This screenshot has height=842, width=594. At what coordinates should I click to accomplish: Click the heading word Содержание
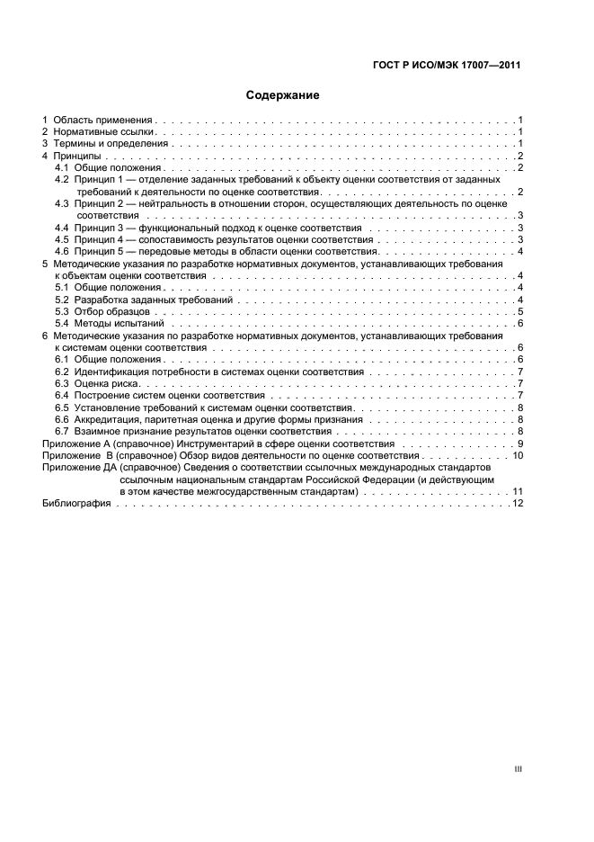[x=283, y=94]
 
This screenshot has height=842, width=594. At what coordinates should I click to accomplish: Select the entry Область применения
[x=103, y=120]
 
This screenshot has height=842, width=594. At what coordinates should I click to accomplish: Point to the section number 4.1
[x=62, y=168]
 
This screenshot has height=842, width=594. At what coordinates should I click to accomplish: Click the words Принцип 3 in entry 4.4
[x=100, y=228]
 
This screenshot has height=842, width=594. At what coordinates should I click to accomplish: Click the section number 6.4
[x=62, y=395]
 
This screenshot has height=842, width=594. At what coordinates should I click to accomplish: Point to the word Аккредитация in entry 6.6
[x=110, y=419]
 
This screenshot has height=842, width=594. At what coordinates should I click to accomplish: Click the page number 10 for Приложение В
[x=518, y=456]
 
